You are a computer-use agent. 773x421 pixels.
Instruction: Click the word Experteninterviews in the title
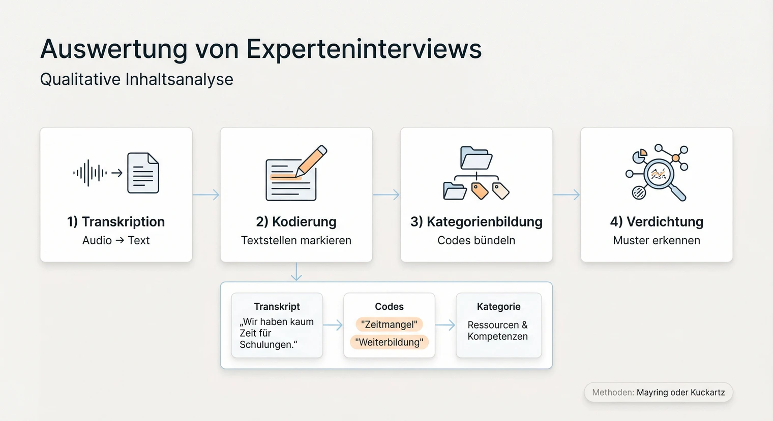(364, 50)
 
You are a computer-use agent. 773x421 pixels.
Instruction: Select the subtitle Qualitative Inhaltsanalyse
(136, 80)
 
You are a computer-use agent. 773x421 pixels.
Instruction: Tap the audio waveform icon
(90, 173)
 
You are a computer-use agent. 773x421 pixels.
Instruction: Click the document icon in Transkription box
(143, 173)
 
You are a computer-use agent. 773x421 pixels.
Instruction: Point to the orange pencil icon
(312, 160)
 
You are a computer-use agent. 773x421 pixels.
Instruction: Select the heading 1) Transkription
(116, 222)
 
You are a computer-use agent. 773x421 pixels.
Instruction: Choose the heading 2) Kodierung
(296, 222)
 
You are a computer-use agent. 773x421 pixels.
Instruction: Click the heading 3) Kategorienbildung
(476, 222)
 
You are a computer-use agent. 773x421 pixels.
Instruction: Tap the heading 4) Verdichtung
(657, 222)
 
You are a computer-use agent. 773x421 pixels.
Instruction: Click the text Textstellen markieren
(296, 241)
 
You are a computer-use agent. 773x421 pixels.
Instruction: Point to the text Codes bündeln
(476, 241)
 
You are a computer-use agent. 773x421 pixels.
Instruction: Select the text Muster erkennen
(657, 241)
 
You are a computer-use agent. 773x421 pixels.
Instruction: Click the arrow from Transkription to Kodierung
(206, 195)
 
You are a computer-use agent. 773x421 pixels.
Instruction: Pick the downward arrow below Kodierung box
(296, 272)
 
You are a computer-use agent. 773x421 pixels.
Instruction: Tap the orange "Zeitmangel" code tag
(389, 325)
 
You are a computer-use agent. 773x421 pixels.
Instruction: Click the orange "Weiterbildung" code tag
(389, 342)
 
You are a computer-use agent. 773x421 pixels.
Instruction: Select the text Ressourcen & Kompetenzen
(497, 331)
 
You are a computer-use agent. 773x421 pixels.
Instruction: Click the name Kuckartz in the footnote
(707, 393)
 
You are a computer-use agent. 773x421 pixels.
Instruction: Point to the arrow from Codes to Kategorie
(445, 326)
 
